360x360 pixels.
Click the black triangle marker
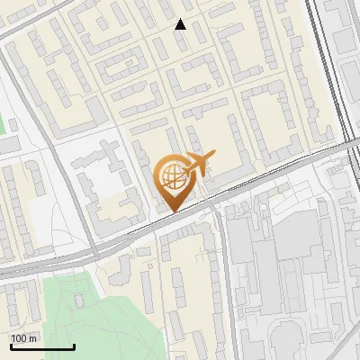pyautogui.click(x=181, y=24)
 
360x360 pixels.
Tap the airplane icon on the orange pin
pyautogui.click(x=199, y=164)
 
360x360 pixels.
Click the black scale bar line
pyautogui.click(x=42, y=346)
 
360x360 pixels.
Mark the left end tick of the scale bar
pyautogui.click(x=11, y=345)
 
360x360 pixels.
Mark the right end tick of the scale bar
pyautogui.click(x=74, y=345)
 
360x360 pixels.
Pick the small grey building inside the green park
pyautogui.click(x=78, y=301)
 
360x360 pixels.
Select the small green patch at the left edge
pyautogui.click(x=3, y=126)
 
